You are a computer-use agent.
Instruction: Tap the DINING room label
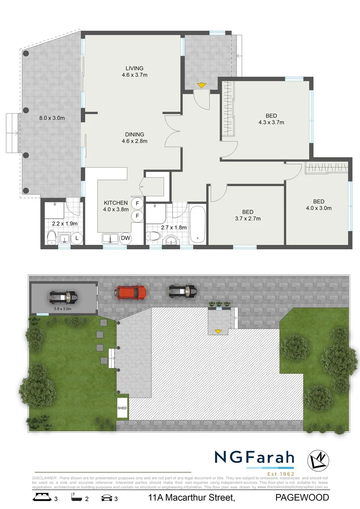135,134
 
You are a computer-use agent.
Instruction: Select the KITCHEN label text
116,203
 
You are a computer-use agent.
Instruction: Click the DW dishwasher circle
125,238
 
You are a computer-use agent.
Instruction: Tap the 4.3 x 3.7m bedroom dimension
271,122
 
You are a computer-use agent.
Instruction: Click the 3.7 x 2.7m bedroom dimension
248,218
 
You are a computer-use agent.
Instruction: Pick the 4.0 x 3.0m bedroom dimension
319,208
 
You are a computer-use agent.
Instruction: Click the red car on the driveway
132,292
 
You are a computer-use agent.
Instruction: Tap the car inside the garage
63,297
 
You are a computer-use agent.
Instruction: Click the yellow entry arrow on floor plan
202,85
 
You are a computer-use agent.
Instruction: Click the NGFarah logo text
254,457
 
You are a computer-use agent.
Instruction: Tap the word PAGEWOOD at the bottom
302,498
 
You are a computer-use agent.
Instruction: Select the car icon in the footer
107,497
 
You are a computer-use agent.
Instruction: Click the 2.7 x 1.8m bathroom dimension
174,228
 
